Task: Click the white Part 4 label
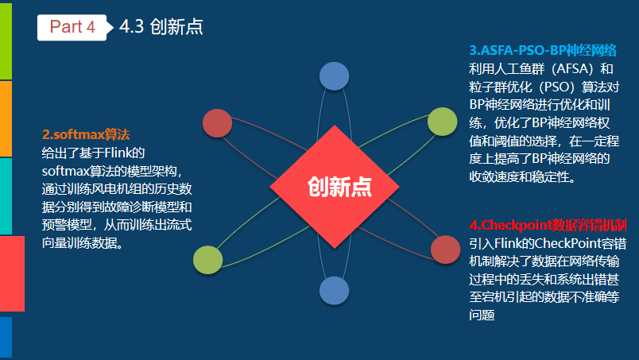point(72,27)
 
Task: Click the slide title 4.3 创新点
point(161,27)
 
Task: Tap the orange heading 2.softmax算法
point(86,134)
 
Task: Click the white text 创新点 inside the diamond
point(340,187)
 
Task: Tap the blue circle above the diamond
point(335,76)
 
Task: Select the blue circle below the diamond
point(335,291)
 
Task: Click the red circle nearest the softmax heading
point(217,123)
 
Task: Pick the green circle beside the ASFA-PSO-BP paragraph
point(442,122)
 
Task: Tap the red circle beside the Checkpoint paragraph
point(445,249)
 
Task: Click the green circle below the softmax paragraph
point(207,260)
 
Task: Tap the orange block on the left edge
point(6,118)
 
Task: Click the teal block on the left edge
point(6,195)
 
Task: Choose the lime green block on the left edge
point(6,40)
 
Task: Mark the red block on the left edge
point(12,274)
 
